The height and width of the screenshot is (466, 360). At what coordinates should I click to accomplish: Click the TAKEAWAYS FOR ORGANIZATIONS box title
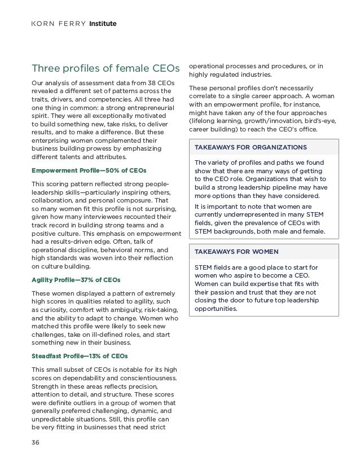[251, 147]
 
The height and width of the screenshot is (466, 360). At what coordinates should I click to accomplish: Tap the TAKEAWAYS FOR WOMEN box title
[237, 250]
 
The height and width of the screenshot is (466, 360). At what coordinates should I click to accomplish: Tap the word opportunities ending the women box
[216, 309]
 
